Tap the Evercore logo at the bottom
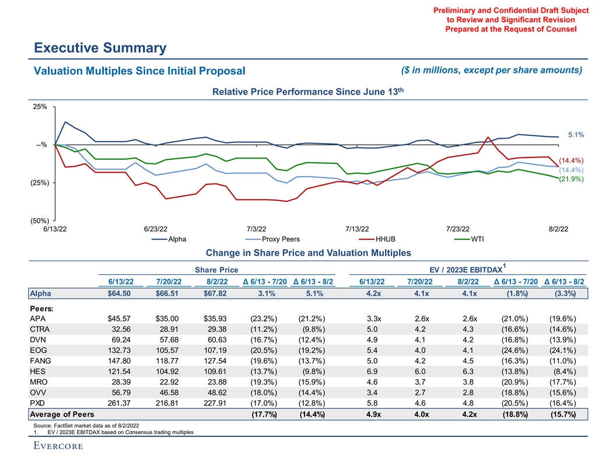coord(58,446)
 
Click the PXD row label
coord(37,402)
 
